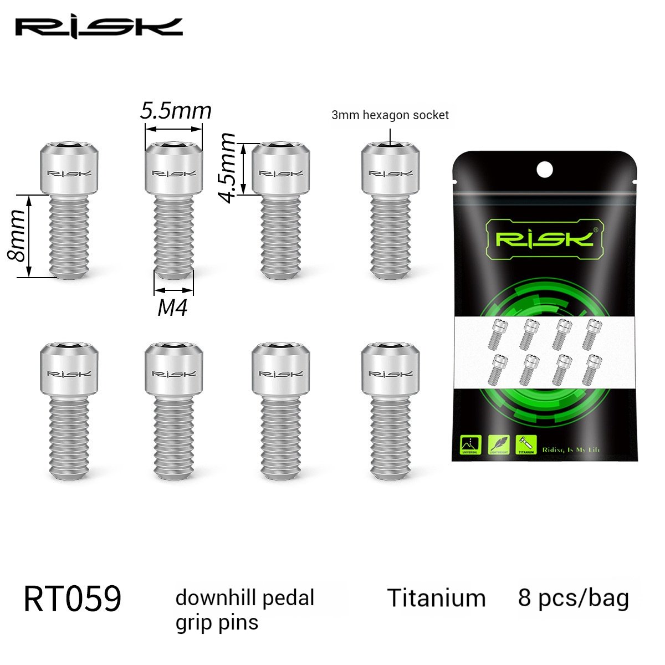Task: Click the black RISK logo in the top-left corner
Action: point(99,27)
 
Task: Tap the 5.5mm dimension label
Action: point(176,111)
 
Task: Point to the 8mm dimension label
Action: point(16,236)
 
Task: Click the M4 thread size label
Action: point(172,307)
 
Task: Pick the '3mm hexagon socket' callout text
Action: point(390,115)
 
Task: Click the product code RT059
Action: point(73,598)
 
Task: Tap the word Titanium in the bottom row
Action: point(436,598)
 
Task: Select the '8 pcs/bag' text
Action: point(574,598)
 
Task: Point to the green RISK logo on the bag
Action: point(544,239)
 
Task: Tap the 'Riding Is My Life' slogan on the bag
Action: point(571,449)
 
